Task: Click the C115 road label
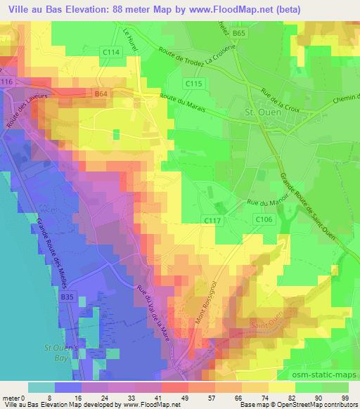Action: click(195, 84)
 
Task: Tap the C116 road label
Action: click(7, 83)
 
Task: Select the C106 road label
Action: click(264, 220)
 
